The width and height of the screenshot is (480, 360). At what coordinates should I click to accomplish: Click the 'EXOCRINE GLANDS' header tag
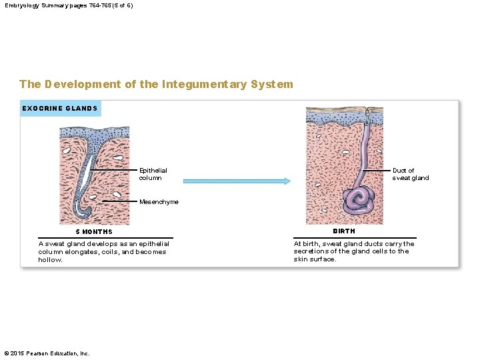(60, 108)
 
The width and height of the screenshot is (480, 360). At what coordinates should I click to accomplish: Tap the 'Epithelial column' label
(153, 174)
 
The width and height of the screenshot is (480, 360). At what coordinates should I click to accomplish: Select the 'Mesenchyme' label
(159, 202)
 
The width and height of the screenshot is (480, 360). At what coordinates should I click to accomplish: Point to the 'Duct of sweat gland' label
(410, 174)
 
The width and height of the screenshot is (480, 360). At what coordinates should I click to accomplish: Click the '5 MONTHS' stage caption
(94, 232)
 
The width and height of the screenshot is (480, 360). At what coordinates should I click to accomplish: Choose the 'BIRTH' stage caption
(344, 231)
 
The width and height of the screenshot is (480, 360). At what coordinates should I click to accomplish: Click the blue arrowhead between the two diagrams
(286, 181)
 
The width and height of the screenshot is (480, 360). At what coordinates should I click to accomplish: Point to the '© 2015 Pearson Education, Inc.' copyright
(47, 353)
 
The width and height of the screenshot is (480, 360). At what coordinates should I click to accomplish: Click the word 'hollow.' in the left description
(50, 260)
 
